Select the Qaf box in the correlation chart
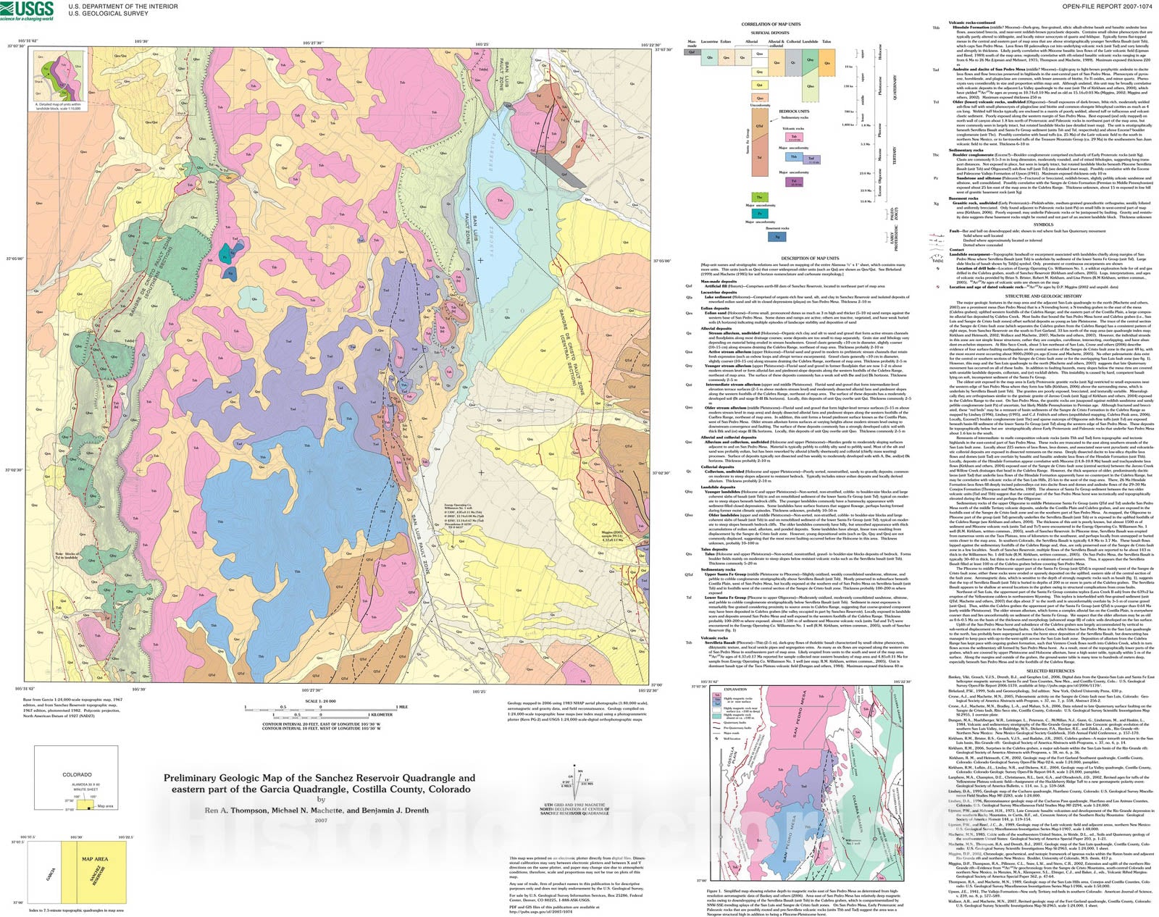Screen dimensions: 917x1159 tap(693, 52)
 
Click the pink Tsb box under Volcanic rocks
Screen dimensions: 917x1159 tap(794, 137)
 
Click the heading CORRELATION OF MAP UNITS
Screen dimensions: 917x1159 tap(771, 25)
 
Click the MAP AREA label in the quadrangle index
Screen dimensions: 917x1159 tap(95, 859)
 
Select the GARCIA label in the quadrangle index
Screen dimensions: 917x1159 tap(51, 874)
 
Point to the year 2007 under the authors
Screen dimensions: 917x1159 tap(321, 821)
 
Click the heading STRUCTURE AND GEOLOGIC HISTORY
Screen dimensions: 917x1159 tap(1048, 296)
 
